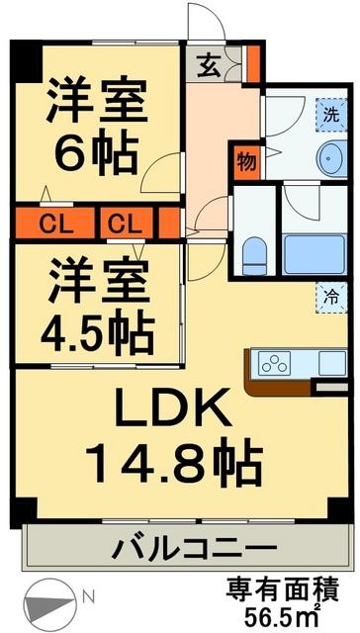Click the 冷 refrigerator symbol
[330, 296]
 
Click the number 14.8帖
[174, 460]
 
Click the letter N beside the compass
[89, 596]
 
